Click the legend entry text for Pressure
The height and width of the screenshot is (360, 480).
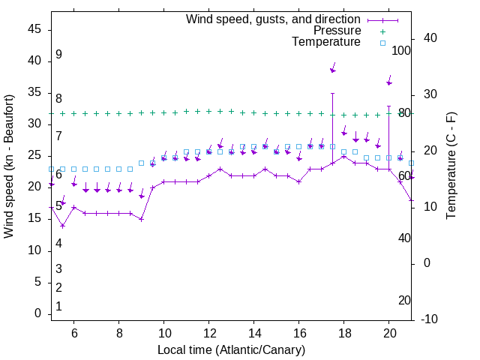coord(337,31)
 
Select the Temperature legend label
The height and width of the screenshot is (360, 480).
coord(325,43)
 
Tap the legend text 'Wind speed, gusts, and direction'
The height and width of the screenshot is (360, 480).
coord(274,19)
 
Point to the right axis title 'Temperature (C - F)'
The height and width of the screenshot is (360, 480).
coord(451,166)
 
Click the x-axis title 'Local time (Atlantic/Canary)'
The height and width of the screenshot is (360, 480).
coord(231,350)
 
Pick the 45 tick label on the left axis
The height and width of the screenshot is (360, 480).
coord(34,29)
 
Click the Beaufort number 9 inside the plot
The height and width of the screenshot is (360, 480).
coord(58,55)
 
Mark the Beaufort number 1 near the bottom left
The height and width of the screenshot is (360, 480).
coord(58,307)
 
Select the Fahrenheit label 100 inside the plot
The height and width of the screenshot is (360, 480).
coord(402,51)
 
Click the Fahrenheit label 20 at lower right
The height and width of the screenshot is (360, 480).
coord(404,301)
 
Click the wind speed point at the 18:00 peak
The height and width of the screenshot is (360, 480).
coord(344,156)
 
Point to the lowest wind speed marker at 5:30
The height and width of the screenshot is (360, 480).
coord(63,226)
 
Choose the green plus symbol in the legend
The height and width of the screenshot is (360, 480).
coord(382,31)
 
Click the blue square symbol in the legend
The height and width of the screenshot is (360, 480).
coord(382,43)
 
